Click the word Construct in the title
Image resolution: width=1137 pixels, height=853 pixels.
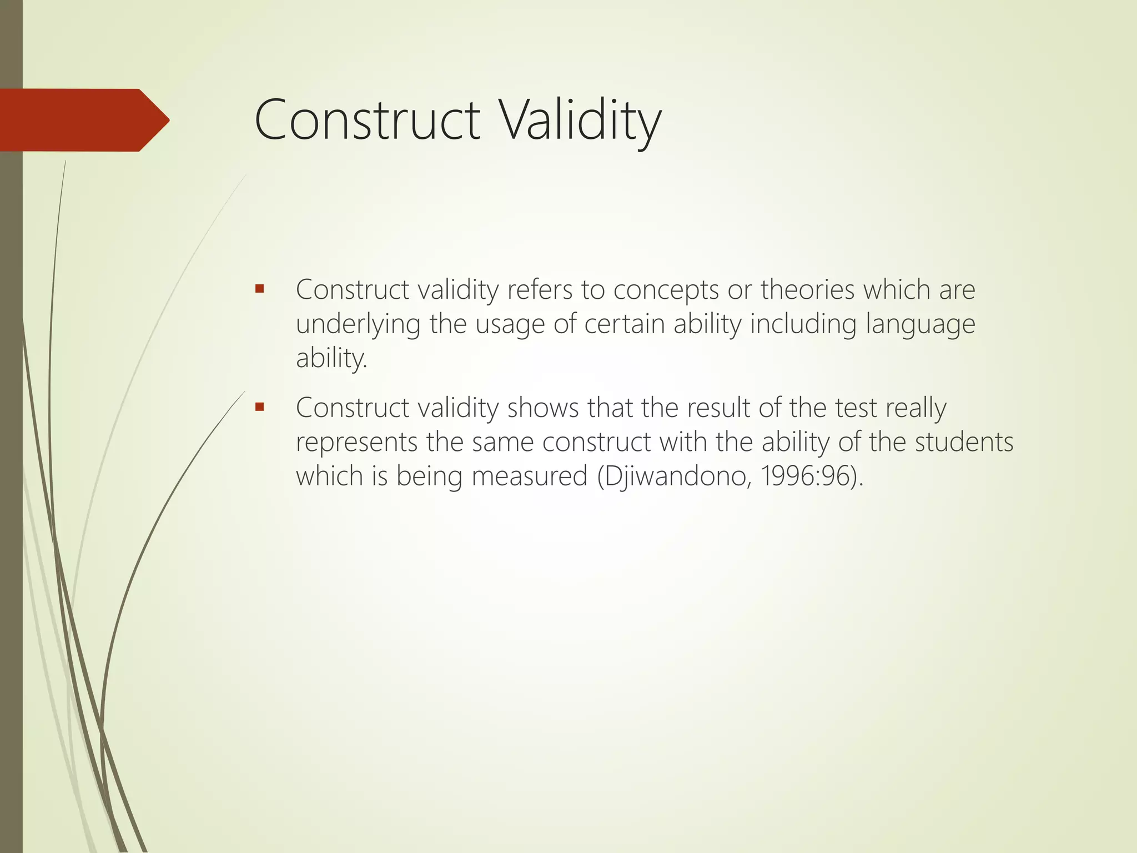click(367, 120)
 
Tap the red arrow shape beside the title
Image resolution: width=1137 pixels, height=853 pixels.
click(83, 120)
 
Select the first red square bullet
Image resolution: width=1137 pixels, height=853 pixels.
click(259, 289)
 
